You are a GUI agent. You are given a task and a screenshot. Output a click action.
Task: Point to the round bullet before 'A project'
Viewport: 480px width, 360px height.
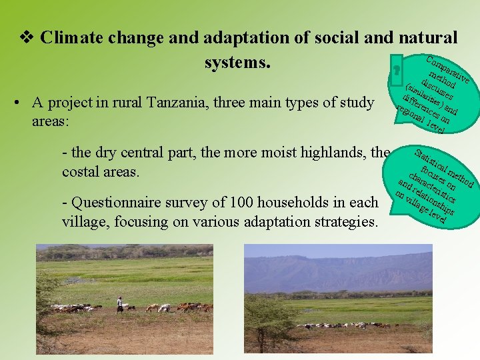coord(23,103)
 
